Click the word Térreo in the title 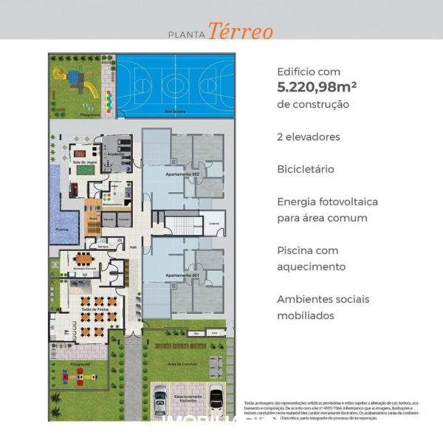240,32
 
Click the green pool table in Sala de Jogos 86,169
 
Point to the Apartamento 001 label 181,275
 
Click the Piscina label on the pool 62,230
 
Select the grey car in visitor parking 160,401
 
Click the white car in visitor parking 216,400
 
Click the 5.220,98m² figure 317,87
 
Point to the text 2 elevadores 309,137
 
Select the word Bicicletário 305,169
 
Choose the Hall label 134,247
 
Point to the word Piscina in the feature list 297,250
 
